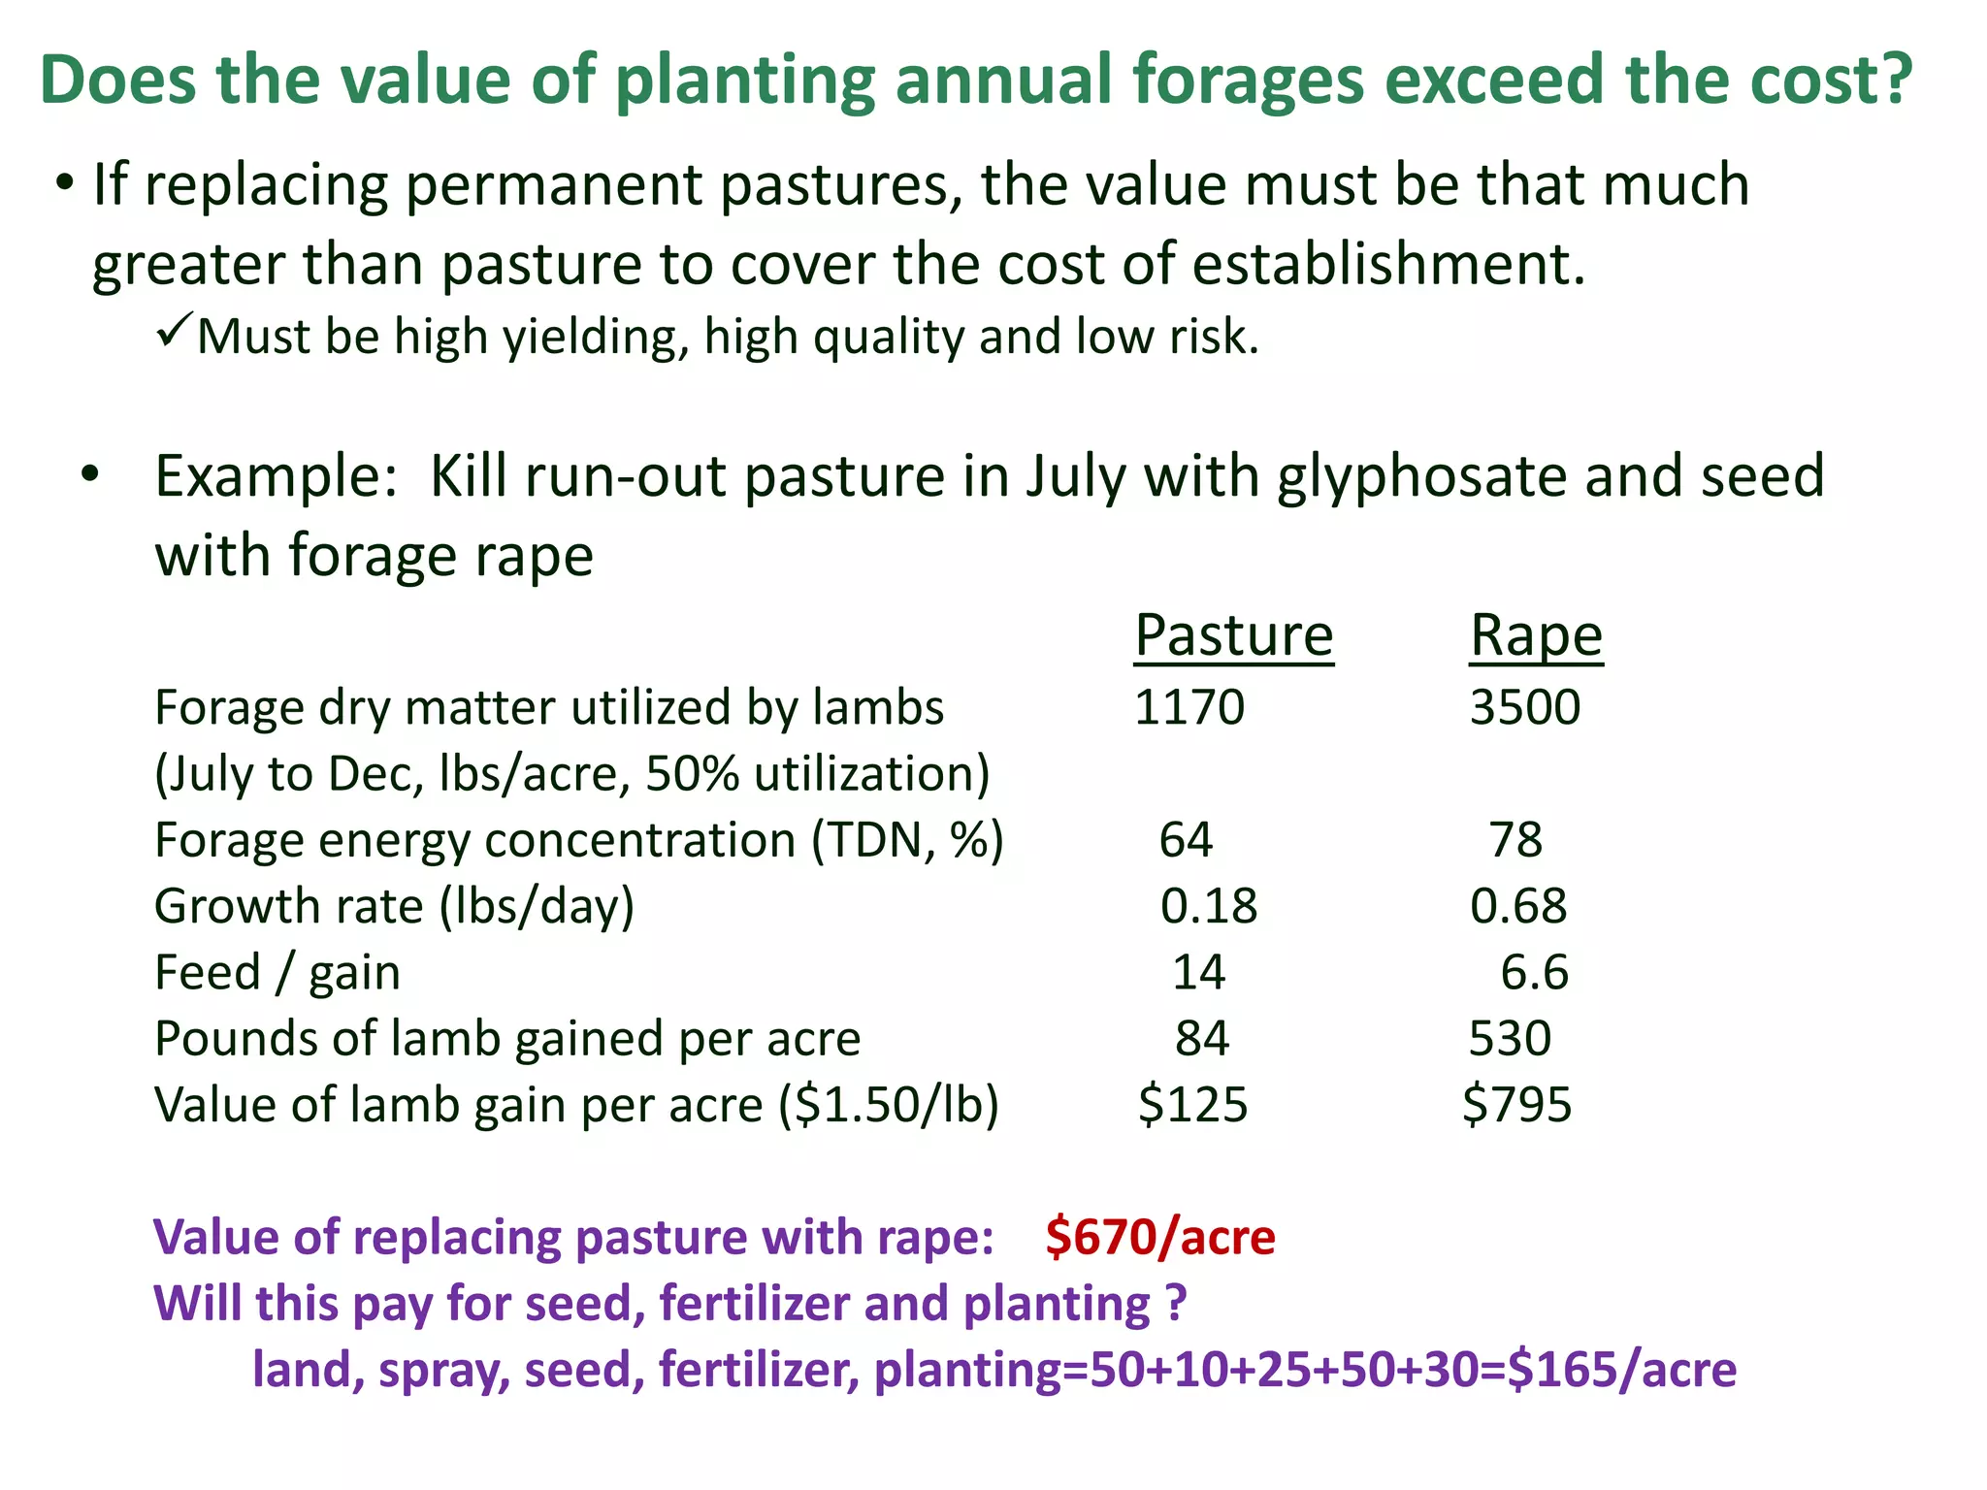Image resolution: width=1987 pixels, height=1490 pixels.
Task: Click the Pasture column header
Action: tap(1233, 636)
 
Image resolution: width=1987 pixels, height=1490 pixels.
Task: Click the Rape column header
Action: tap(1536, 636)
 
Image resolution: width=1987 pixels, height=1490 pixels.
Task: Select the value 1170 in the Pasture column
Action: tap(1189, 707)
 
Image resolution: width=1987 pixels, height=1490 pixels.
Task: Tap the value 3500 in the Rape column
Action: tap(1524, 707)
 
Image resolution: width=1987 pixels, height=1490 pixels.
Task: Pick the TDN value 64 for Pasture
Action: tap(1185, 840)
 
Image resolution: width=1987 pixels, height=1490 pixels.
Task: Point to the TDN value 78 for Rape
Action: tap(1515, 840)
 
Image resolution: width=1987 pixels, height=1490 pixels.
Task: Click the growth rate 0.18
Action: tap(1208, 906)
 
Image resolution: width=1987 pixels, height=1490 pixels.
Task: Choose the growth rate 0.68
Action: tap(1517, 906)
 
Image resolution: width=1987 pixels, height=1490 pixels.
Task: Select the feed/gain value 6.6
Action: tap(1534, 972)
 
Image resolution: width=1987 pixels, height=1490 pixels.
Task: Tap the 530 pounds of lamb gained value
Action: tap(1510, 1038)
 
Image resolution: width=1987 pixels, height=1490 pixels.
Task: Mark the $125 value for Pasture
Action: tap(1192, 1105)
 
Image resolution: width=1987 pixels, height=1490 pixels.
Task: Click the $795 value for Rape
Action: tap(1516, 1105)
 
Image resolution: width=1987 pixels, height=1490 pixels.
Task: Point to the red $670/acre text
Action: tap(1160, 1238)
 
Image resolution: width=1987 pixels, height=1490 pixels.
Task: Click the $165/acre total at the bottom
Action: tap(1621, 1370)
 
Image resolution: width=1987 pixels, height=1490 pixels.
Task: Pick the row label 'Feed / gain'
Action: tap(277, 972)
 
